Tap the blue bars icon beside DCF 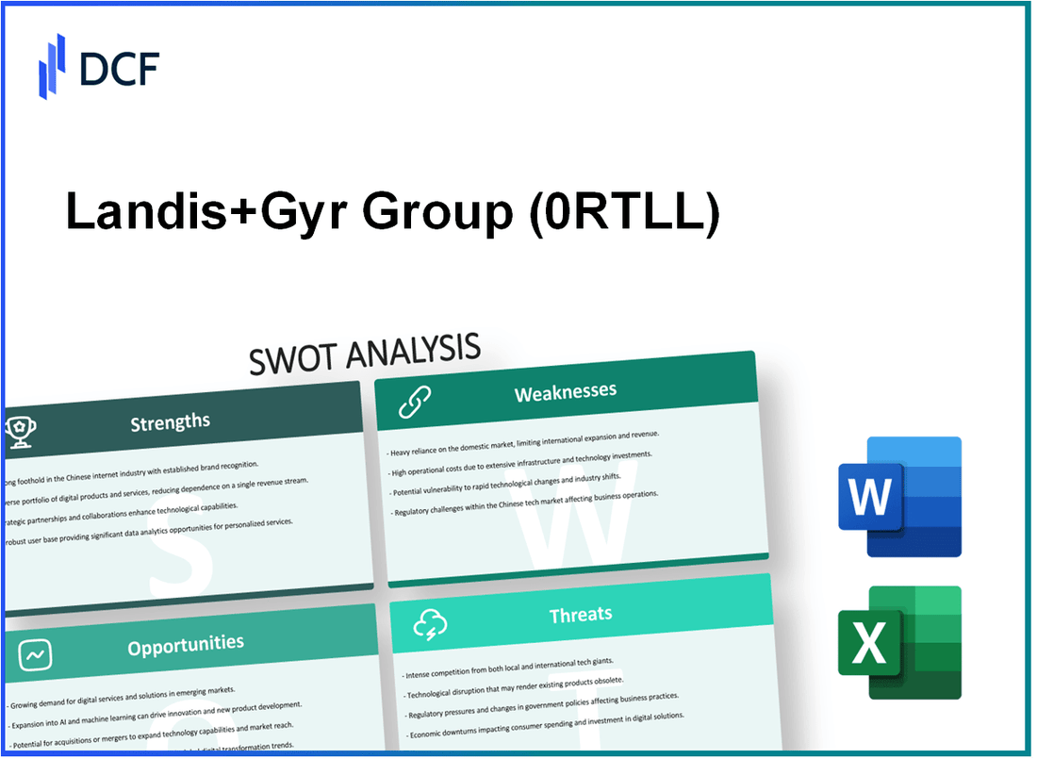coord(52,65)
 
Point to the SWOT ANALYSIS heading coord(365,354)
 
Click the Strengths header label coord(170,421)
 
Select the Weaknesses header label coord(566,392)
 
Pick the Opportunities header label coord(187,644)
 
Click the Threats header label coord(581,615)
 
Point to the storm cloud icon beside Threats coord(430,623)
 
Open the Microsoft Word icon coord(899,497)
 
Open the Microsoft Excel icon coord(899,643)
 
